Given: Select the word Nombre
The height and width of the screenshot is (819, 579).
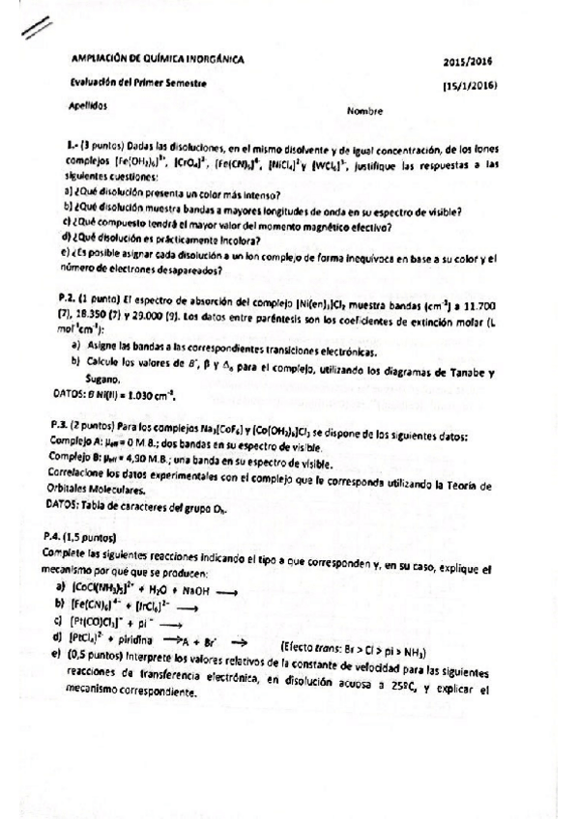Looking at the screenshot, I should [364, 110].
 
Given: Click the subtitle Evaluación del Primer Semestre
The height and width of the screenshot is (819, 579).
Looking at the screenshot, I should [138, 83].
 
